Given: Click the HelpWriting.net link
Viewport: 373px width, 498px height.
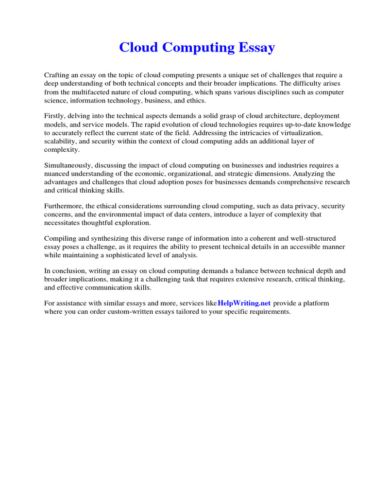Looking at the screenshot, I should tap(244, 303).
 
